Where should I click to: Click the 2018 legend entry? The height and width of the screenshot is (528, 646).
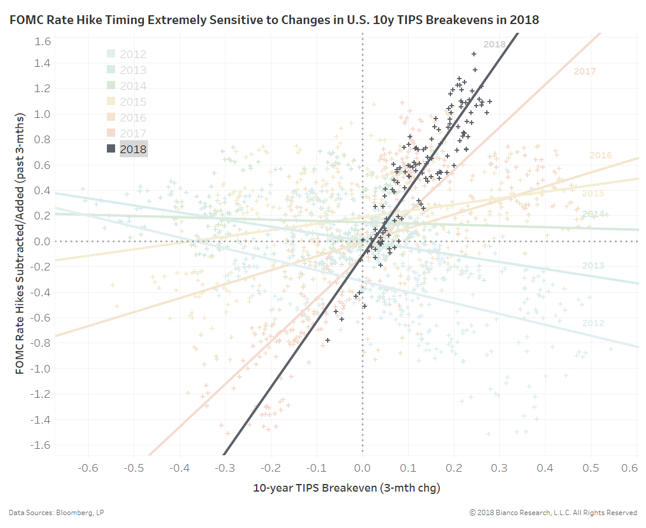pyautogui.click(x=133, y=149)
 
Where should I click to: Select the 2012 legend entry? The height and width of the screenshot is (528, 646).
pyautogui.click(x=133, y=55)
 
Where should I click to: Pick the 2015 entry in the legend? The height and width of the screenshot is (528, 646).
pyautogui.click(x=133, y=102)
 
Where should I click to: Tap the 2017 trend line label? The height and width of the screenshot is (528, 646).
pyautogui.click(x=584, y=72)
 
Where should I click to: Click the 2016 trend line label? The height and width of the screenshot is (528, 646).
pyautogui.click(x=601, y=155)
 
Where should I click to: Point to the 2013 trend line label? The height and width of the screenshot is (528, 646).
pyautogui.click(x=593, y=266)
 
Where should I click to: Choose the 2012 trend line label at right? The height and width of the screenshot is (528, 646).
pyautogui.click(x=593, y=323)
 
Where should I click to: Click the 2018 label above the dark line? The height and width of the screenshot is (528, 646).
pyautogui.click(x=494, y=44)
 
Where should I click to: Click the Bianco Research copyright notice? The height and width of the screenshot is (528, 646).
pyautogui.click(x=553, y=513)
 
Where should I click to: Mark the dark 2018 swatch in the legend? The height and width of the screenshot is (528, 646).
pyautogui.click(x=111, y=149)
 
